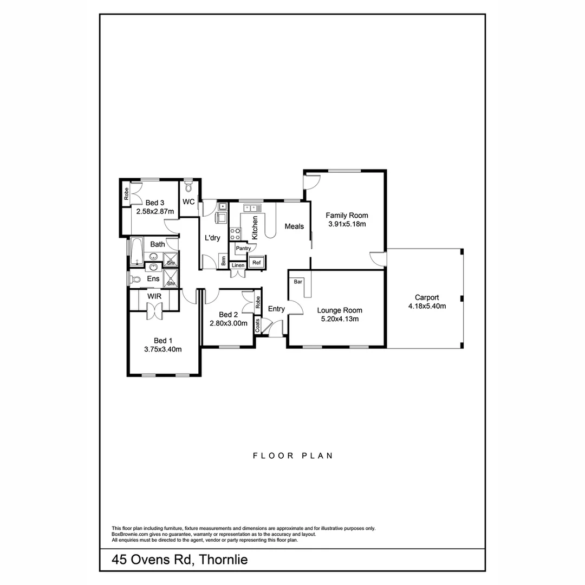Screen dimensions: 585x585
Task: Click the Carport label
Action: pos(427,297)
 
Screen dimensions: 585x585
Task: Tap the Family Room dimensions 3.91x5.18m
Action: pos(347,224)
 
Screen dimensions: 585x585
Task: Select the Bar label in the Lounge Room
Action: pos(298,282)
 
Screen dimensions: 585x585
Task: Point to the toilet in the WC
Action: pos(188,187)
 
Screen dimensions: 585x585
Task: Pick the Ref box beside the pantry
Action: pos(257,263)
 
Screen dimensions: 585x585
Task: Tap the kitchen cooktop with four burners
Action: pos(236,234)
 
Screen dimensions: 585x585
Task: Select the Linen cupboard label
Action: pos(238,266)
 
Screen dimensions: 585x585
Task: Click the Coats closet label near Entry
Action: pos(257,325)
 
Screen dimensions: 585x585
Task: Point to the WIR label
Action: pos(154,296)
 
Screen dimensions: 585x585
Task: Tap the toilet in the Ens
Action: pos(135,279)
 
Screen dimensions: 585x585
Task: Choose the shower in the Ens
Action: pos(171,278)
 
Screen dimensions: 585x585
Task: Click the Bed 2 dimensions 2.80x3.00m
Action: pos(228,323)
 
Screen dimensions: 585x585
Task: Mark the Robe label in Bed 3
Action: pos(126,193)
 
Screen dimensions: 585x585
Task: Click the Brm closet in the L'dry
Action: pos(223,259)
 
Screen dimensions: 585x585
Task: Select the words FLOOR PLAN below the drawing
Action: pos(293,456)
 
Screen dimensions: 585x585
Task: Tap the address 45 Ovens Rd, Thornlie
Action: pos(180,560)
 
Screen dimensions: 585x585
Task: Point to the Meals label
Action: pos(294,226)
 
